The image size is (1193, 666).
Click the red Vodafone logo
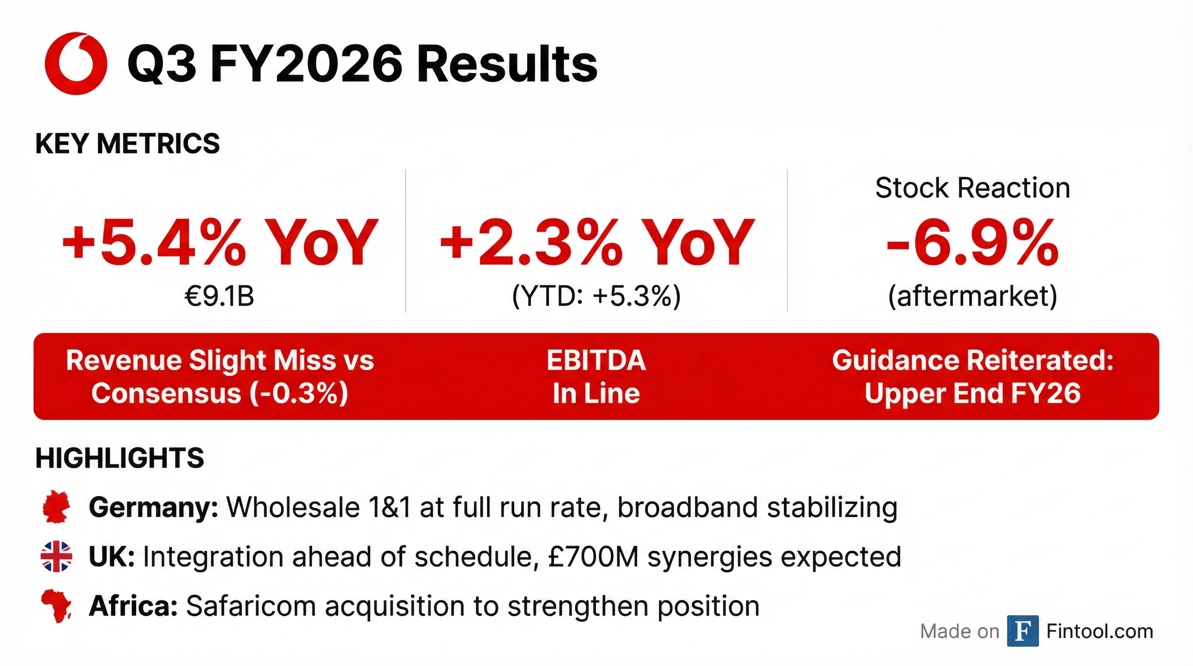(x=76, y=63)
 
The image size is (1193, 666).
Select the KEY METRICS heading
(x=127, y=144)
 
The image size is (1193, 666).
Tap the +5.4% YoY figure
(x=220, y=243)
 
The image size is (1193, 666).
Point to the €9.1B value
(x=219, y=296)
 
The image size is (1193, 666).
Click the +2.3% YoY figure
(x=597, y=243)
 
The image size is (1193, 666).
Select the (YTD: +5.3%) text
(x=596, y=297)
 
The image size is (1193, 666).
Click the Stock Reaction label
(x=972, y=188)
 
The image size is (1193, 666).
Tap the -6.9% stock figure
(x=972, y=243)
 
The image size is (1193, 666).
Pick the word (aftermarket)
(x=972, y=297)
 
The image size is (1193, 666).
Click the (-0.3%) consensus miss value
(x=299, y=394)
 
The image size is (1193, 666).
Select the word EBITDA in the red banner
(x=596, y=360)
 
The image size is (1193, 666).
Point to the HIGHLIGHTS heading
(x=120, y=458)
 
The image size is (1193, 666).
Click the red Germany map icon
(x=56, y=507)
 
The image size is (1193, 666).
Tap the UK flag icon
(x=56, y=556)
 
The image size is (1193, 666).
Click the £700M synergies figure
(x=593, y=556)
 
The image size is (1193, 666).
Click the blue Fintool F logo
(x=1023, y=631)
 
